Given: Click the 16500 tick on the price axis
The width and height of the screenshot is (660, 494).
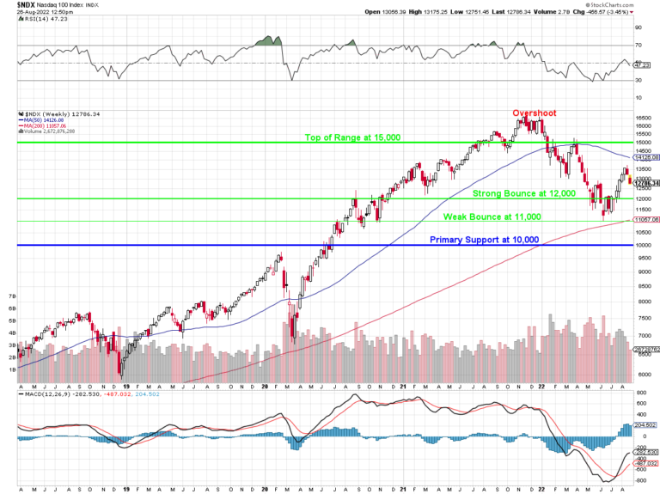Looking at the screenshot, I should (644, 118).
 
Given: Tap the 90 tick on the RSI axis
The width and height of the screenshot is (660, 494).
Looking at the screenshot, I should (639, 27).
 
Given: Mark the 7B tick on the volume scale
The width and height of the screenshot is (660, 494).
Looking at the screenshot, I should (12, 296).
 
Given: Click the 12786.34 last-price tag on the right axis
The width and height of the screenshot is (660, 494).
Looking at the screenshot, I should (646, 183).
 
